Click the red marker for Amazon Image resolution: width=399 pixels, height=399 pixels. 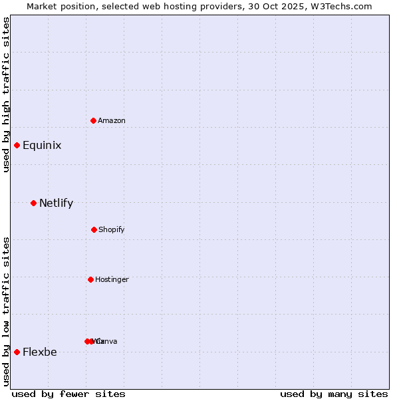tap(94, 120)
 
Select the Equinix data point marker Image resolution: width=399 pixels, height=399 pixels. tap(17, 145)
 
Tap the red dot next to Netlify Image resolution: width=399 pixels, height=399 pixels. tap(33, 203)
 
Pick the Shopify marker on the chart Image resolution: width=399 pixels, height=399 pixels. tap(94, 229)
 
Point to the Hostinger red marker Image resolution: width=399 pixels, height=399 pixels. tap(90, 279)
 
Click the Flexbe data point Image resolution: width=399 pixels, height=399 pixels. tap(17, 352)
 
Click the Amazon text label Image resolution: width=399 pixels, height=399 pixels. tap(112, 120)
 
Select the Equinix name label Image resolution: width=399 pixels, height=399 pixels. tap(42, 146)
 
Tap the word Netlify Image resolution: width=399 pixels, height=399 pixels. tap(56, 203)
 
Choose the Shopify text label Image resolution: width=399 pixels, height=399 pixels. tap(112, 229)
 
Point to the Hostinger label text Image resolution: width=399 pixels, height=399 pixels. tap(112, 279)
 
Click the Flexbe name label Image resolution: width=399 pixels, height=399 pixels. tap(40, 352)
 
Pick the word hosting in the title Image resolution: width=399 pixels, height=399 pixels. tap(182, 6)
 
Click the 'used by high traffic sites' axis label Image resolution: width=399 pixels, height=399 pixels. tap(6, 94)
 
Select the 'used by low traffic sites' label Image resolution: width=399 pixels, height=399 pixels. tap(6, 311)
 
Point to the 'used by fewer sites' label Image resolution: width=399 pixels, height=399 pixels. tap(68, 394)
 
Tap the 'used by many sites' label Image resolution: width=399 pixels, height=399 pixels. tap(334, 394)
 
